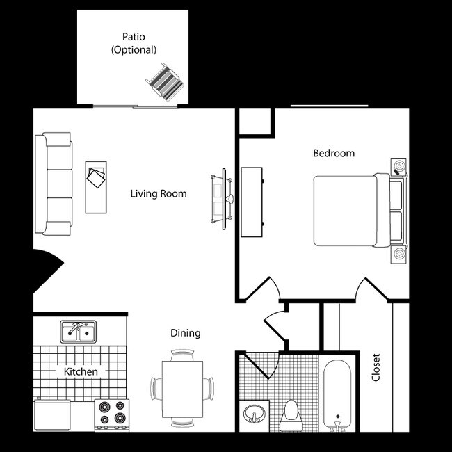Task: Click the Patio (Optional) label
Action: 134,44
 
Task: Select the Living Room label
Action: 159,194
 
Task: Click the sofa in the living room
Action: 54,184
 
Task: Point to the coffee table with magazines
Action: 96,186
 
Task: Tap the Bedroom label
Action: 334,153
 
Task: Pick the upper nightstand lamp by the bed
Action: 399,167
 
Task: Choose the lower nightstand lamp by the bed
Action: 399,253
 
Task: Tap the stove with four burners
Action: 112,413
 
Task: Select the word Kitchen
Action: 81,371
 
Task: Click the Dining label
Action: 185,333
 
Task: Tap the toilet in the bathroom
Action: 289,414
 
